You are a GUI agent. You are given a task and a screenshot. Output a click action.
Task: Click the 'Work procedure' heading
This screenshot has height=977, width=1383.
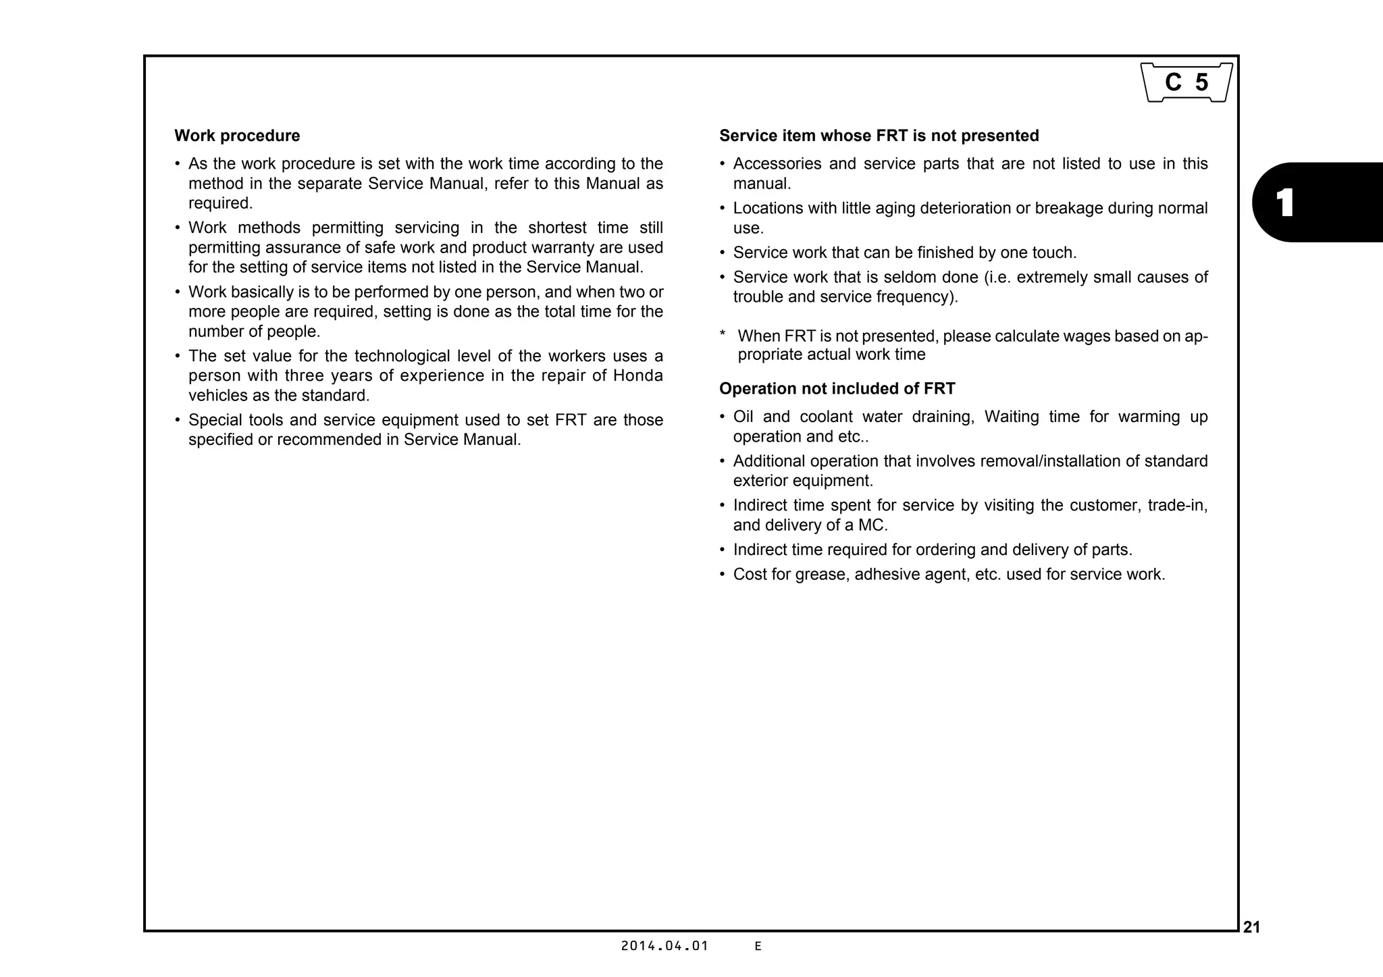(237, 136)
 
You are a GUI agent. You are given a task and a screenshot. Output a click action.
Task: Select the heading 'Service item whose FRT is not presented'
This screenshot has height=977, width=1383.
(879, 136)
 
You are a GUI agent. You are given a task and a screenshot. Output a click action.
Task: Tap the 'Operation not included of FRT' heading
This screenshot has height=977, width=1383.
(837, 389)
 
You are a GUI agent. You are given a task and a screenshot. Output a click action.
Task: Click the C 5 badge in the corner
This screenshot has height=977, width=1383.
(1186, 82)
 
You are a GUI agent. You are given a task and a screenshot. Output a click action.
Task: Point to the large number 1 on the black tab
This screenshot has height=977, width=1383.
(1285, 203)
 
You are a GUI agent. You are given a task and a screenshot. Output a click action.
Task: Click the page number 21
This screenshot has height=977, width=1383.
(1251, 928)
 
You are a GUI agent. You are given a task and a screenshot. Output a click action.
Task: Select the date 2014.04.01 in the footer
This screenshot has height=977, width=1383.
(664, 946)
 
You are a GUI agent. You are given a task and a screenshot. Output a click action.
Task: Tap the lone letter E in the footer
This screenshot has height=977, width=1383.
(758, 947)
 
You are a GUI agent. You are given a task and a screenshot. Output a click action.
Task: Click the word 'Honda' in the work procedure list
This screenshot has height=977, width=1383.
(637, 375)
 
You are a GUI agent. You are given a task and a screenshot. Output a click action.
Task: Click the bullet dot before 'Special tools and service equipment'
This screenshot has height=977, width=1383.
(178, 421)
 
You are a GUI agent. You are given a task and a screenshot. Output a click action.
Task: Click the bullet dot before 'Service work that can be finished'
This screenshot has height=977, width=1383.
(723, 253)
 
